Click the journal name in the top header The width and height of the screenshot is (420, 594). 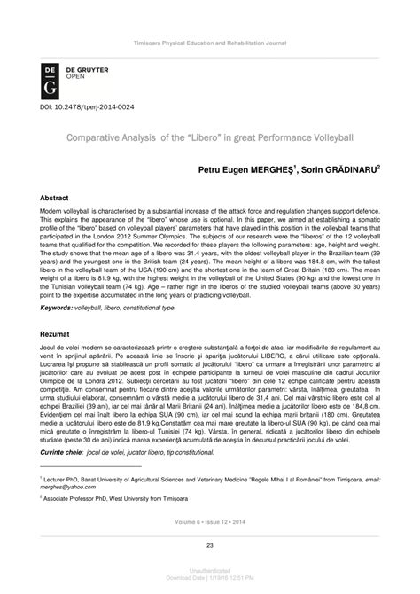click(210, 43)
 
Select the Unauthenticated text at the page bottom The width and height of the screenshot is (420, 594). click(209, 574)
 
